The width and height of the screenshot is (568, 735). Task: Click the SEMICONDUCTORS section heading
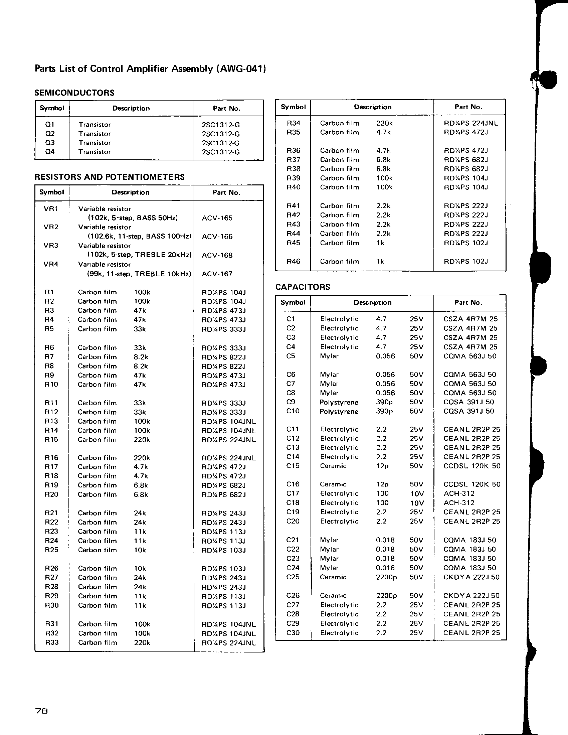[x=74, y=93]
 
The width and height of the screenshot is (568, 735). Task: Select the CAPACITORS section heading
[x=303, y=287]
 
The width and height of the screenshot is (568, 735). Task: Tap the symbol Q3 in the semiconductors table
[x=50, y=143]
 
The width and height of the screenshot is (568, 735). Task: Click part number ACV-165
[x=217, y=218]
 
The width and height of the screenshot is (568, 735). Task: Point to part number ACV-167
[x=217, y=274]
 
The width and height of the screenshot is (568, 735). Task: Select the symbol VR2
[x=51, y=227]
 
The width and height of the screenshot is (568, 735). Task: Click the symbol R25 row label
[x=51, y=550]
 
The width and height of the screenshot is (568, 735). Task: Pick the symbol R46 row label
[x=293, y=261]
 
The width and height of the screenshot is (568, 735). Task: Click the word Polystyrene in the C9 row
[x=339, y=402]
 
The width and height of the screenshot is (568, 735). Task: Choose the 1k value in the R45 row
[x=380, y=243]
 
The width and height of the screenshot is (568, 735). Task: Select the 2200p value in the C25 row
[x=386, y=577]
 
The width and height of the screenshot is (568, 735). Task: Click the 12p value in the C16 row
[x=383, y=484]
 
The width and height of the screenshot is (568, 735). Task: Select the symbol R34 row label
[x=293, y=123]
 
